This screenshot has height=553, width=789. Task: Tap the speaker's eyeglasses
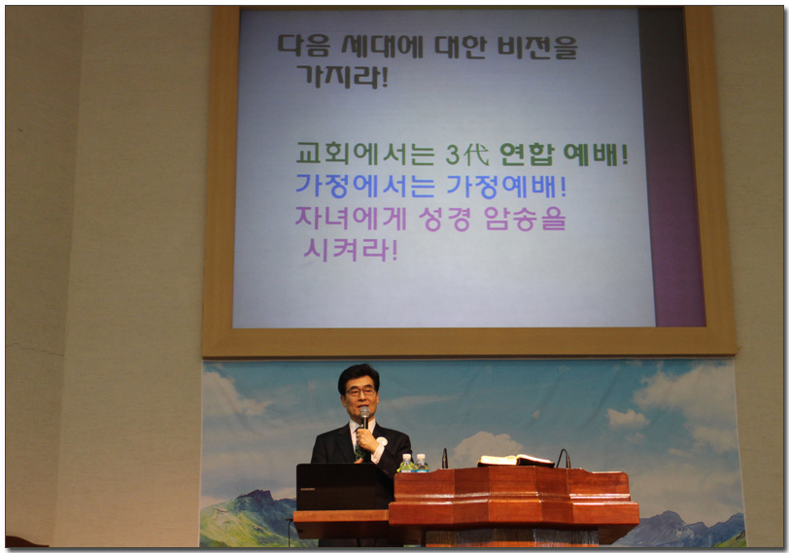360,392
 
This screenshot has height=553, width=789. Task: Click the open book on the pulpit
515,460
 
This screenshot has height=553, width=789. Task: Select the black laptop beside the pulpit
343,487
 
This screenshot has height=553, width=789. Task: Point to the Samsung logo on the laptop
306,488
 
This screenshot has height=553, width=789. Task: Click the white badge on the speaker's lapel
383,441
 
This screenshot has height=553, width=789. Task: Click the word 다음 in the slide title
304,46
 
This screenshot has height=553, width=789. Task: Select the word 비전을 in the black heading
537,47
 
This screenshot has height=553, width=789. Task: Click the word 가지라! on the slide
343,77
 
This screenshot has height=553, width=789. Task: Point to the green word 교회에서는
364,154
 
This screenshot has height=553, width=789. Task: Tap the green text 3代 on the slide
467,155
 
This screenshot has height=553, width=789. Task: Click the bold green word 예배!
596,155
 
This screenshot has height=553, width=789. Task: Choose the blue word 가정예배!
506,187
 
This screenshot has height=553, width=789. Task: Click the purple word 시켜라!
351,250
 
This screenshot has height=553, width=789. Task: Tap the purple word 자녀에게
351,219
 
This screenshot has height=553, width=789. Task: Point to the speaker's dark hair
359,375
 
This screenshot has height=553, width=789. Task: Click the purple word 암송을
526,219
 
